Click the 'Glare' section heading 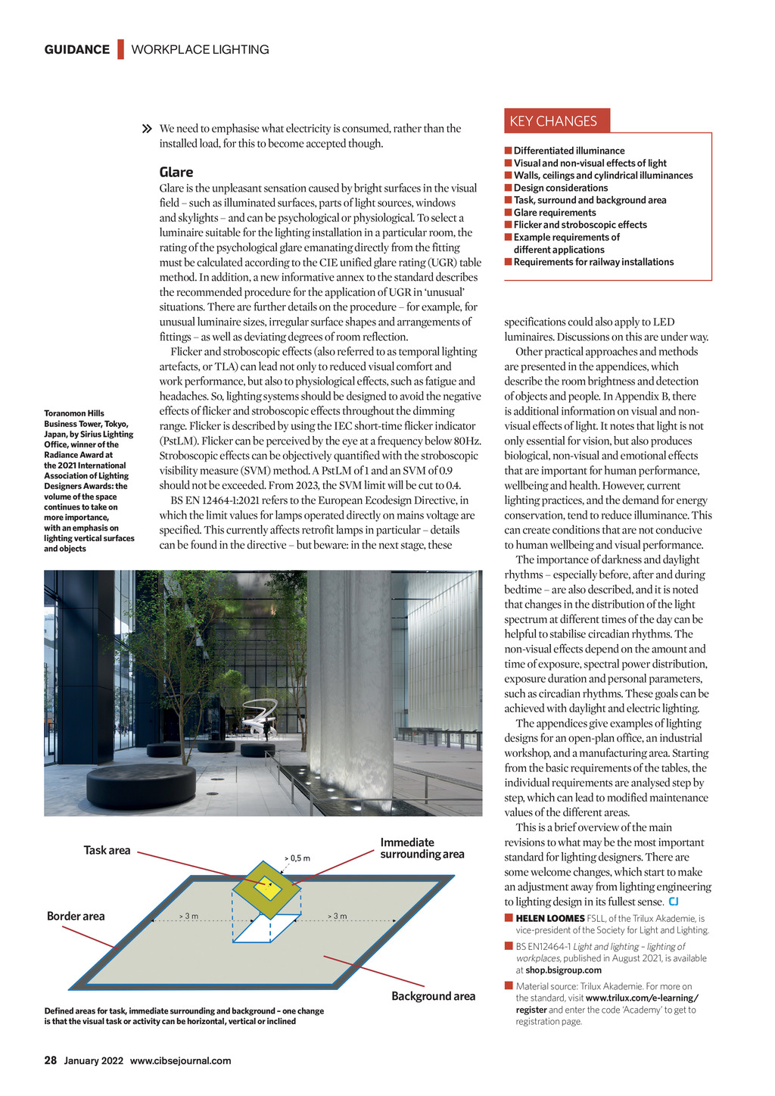point(176,172)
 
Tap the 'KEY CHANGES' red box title point(553,121)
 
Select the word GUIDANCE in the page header point(76,49)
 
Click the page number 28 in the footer point(50,1060)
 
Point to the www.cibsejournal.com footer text point(180,1060)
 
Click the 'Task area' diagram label point(107,850)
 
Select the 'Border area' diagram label point(76,916)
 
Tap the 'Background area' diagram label point(433,996)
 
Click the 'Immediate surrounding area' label point(422,848)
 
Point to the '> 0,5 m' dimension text point(297,858)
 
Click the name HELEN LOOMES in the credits point(549,918)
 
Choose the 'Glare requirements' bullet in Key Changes point(555,213)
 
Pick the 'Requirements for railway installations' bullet point(593,262)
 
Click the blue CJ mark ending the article point(674,901)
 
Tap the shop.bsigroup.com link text point(563,970)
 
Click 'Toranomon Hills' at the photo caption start point(74,413)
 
